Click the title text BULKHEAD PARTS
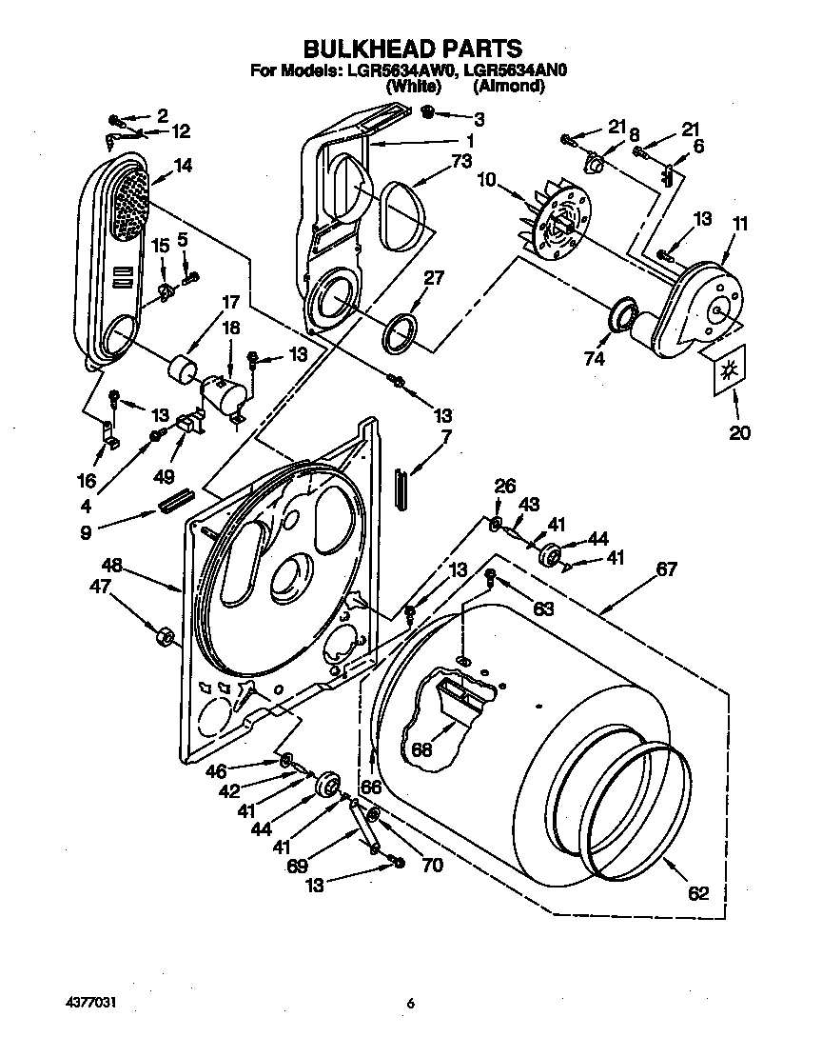tap(411, 49)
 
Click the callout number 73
tap(461, 162)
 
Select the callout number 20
tap(739, 432)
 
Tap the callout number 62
tap(698, 893)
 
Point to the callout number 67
tap(665, 569)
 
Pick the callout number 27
tap(433, 278)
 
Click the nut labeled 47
tap(163, 633)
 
